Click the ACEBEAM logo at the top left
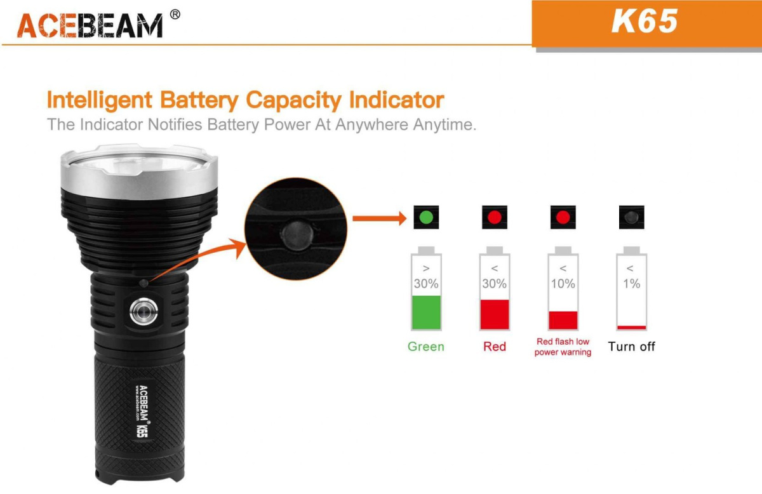90,25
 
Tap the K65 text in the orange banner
645,21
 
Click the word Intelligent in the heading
99,100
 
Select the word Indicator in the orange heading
397,100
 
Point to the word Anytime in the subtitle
444,124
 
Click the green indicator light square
426,217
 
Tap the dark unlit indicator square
632,217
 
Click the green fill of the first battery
426,312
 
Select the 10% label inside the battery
563,283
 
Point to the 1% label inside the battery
632,283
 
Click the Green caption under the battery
426,346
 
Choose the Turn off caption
631,346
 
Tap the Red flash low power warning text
563,347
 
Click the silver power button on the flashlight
144,311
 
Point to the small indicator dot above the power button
144,283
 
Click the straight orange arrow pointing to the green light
379,218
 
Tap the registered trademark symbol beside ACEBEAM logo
175,15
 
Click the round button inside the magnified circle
297,236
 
